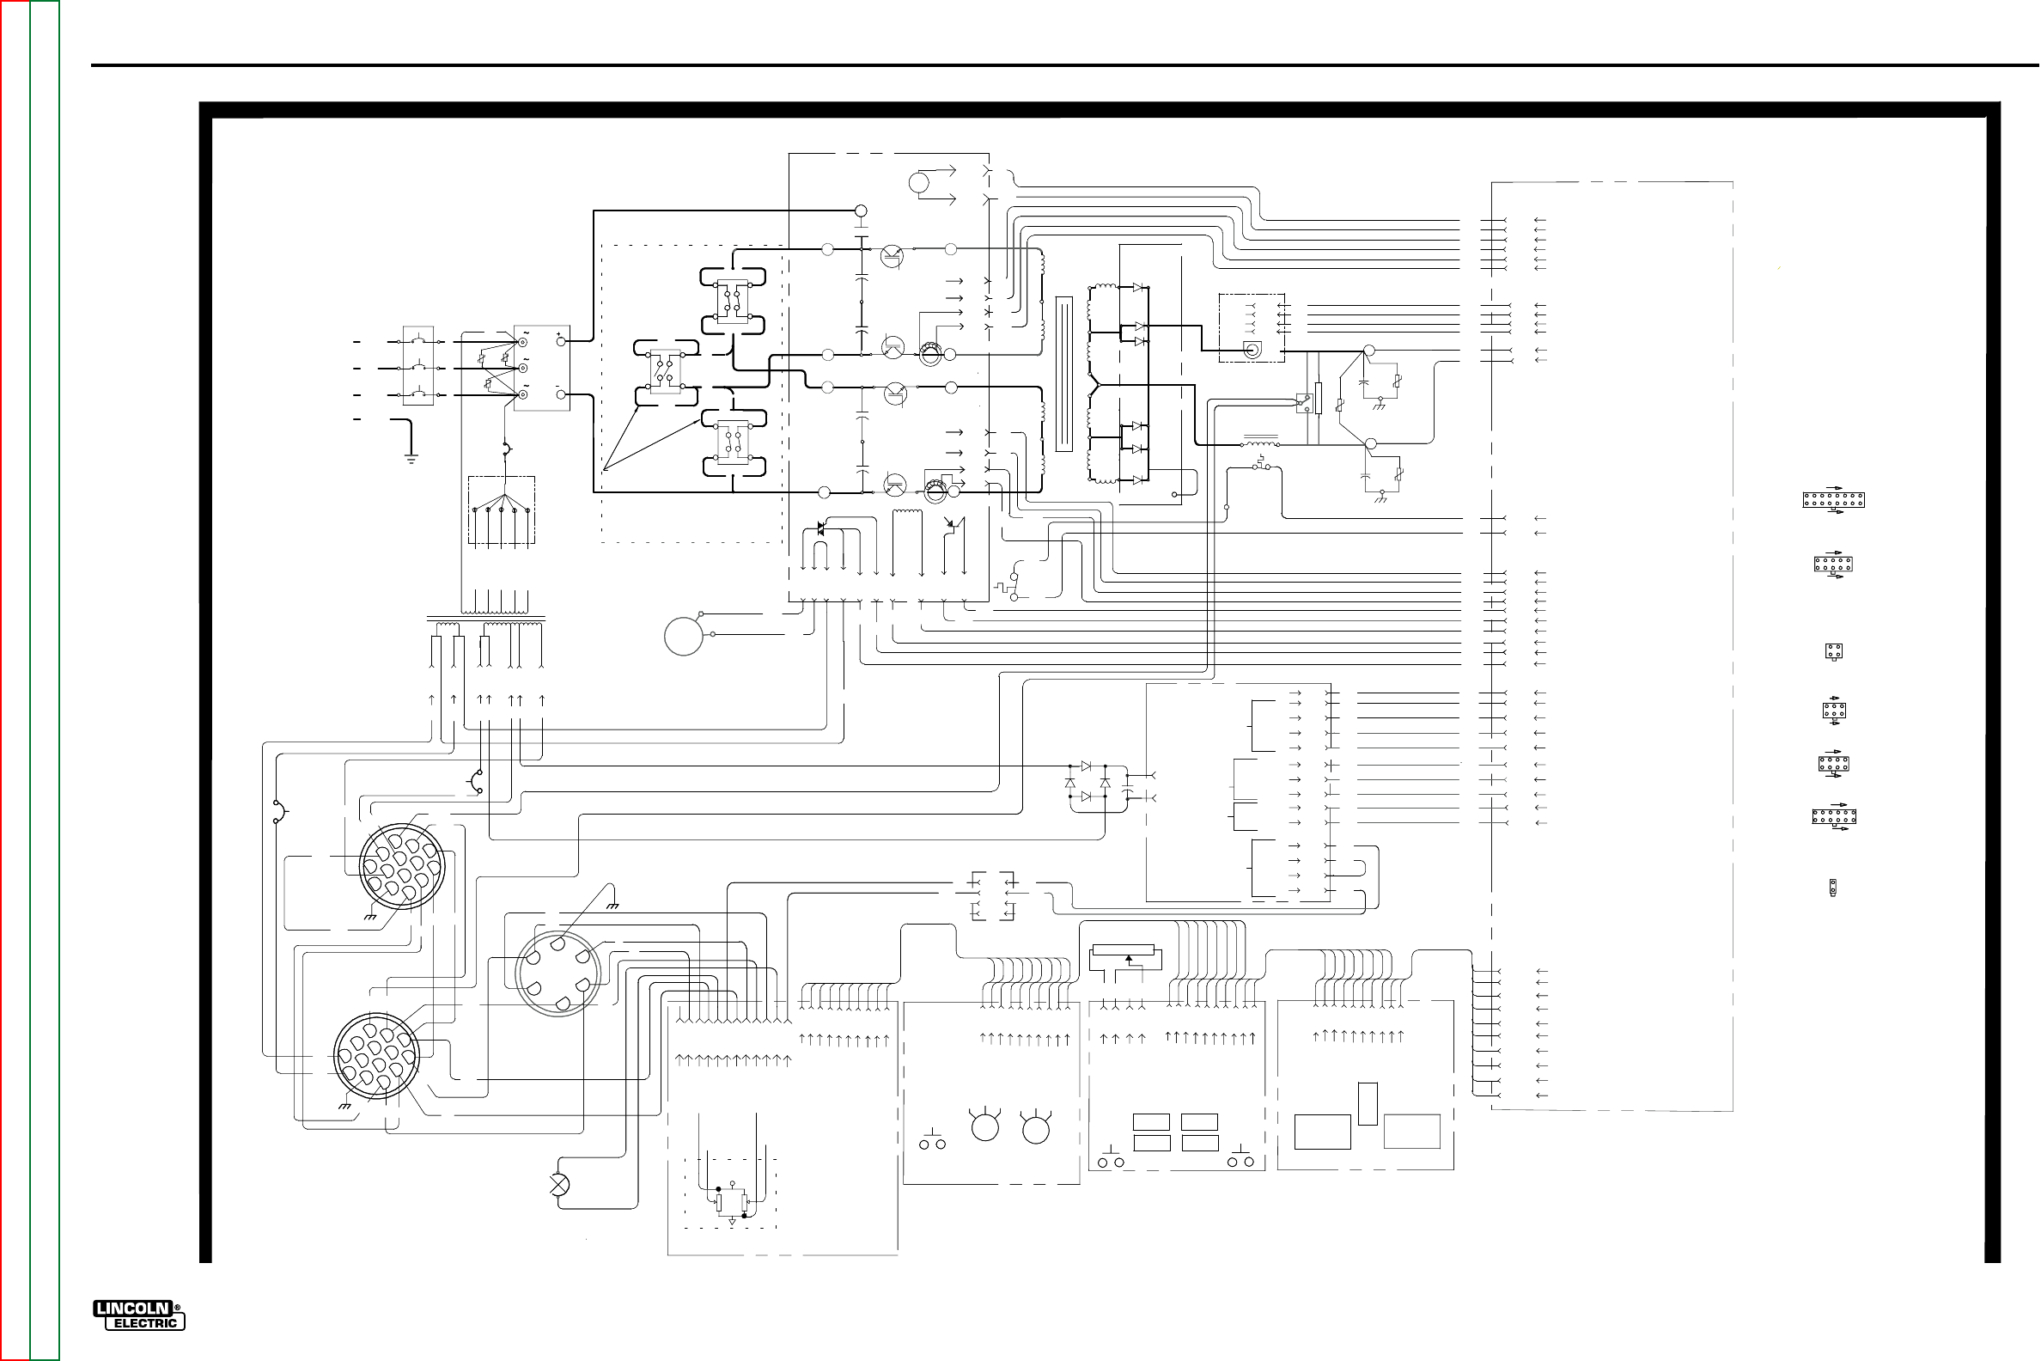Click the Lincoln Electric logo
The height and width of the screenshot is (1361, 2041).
139,1315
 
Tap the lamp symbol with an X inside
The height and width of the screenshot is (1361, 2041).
560,1184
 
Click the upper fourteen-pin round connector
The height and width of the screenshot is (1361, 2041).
402,866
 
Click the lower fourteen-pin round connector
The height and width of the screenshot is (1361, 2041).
376,1056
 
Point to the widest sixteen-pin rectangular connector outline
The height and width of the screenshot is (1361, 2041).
1833,500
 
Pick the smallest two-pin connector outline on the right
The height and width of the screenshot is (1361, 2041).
1833,888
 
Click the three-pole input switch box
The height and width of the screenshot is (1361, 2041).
418,365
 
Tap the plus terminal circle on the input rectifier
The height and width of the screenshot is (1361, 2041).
562,341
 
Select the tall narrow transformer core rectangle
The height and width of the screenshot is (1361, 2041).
1064,374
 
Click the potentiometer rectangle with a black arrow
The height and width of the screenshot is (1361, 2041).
1124,958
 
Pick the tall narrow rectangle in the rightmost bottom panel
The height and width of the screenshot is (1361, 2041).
1368,1104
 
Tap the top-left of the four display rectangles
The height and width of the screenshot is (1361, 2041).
1152,1122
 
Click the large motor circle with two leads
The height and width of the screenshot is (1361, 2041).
684,635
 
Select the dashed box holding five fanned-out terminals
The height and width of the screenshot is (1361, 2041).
502,511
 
